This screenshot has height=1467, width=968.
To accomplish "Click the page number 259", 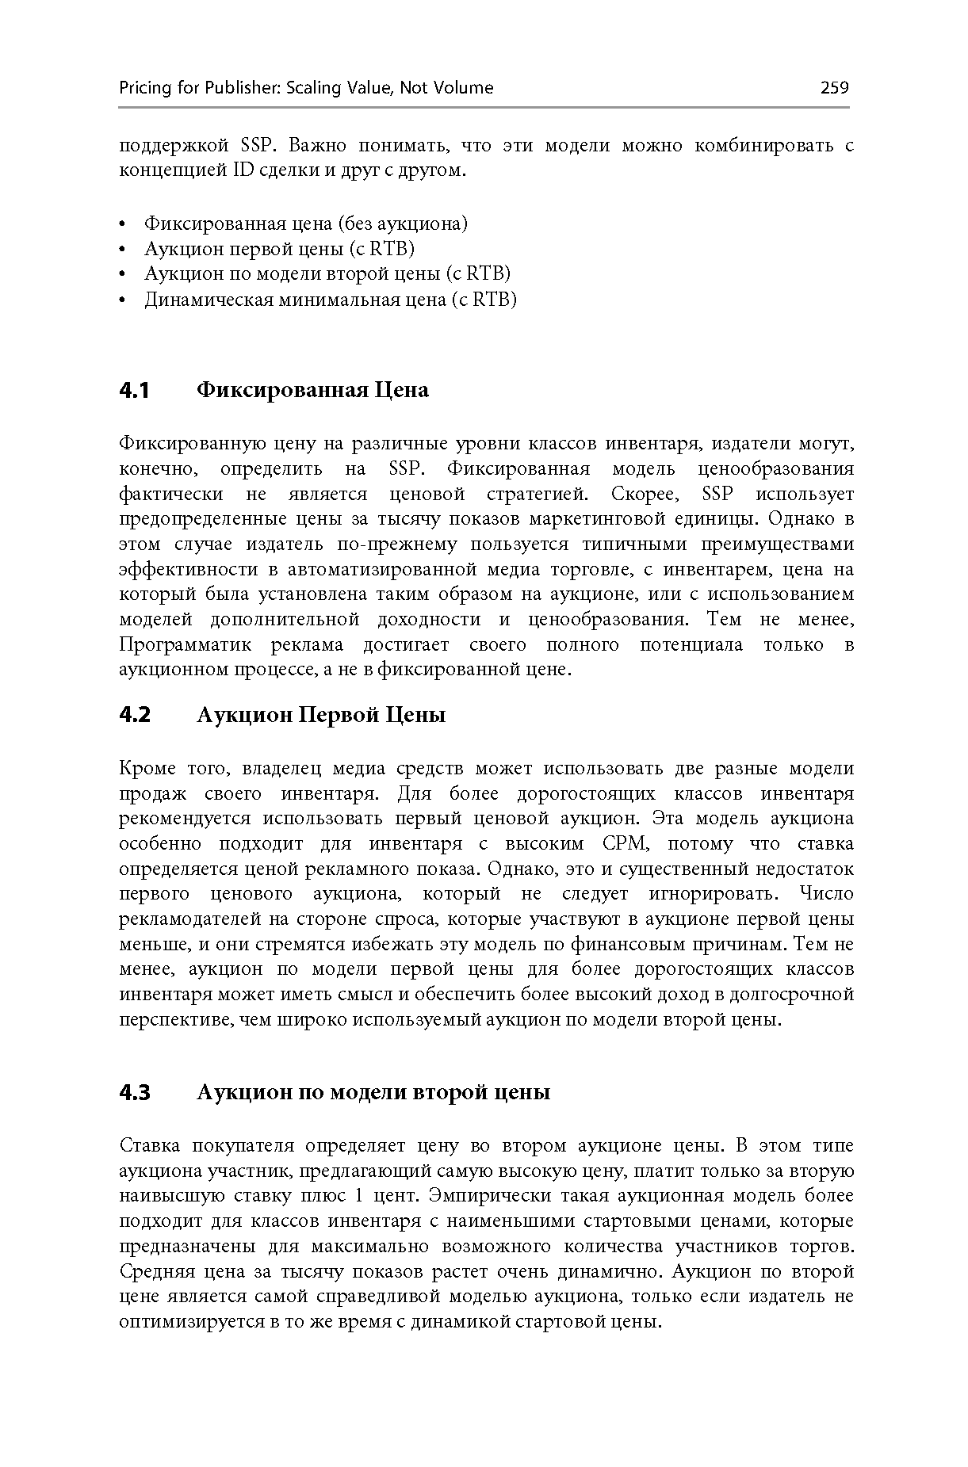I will pos(834,88).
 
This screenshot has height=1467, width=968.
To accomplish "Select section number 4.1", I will pos(134,391).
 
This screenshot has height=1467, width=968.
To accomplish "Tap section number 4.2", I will pos(134,716).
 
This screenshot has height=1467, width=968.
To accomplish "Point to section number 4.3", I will pos(134,1093).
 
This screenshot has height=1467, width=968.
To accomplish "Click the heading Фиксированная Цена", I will pos(312,391).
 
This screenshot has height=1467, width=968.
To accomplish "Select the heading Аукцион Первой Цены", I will pos(320,716).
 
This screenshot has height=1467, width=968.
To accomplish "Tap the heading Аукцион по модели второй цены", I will pos(373,1093).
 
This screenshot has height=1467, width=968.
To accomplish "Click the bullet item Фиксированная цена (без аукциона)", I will pos(305,223).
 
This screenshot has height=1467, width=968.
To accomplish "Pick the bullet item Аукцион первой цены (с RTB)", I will pos(279,249).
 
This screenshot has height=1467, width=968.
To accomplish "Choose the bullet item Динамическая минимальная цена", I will pos(330,300).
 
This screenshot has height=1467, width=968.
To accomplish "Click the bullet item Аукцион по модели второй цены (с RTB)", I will pos(327,274).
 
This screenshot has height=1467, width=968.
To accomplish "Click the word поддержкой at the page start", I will pos(174,146).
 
